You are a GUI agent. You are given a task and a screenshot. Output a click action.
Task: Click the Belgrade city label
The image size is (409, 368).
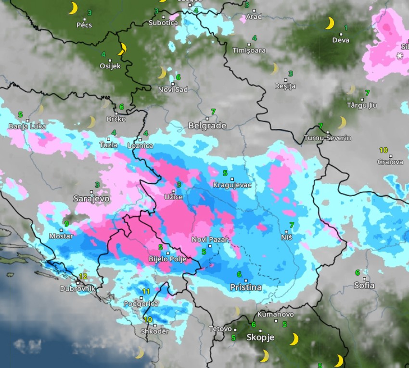tap(207, 126)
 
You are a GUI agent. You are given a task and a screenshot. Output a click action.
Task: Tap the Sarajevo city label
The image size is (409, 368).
tap(91, 198)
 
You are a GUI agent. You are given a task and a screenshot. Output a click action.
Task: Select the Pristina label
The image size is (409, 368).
tap(246, 288)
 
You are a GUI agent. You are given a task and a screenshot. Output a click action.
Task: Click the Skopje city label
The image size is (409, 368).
tap(260, 338)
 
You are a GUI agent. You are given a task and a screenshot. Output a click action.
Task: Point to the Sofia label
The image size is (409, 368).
tap(364, 285)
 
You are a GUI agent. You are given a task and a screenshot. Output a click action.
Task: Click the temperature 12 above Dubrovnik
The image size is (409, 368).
tap(83, 276)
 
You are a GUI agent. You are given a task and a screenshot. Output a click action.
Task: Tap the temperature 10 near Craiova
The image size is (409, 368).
tap(383, 150)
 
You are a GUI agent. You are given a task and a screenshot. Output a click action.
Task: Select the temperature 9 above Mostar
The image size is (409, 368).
tap(66, 224)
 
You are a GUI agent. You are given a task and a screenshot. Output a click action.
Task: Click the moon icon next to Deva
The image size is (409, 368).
tap(330, 23)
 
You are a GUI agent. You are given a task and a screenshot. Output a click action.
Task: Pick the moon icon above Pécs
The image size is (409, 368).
tap(73, 8)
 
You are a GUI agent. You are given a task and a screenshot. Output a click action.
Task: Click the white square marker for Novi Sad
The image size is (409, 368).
tap(173, 83)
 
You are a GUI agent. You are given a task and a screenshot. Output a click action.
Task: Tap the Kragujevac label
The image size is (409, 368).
tap(232, 185)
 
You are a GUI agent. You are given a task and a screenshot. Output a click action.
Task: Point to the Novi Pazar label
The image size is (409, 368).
tap(210, 240)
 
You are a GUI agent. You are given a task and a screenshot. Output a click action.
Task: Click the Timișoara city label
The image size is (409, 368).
tap(249, 51)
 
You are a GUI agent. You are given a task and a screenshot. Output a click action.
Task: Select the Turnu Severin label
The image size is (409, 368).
tap(327, 138)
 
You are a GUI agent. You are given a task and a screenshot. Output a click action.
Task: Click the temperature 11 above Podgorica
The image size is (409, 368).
tap(146, 292)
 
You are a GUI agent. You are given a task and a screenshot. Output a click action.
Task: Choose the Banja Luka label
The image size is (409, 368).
tap(27, 127)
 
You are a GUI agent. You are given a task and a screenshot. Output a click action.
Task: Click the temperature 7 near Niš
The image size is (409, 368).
tap(291, 225)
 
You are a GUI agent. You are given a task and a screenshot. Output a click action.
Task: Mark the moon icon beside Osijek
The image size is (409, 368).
tap(123, 49)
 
